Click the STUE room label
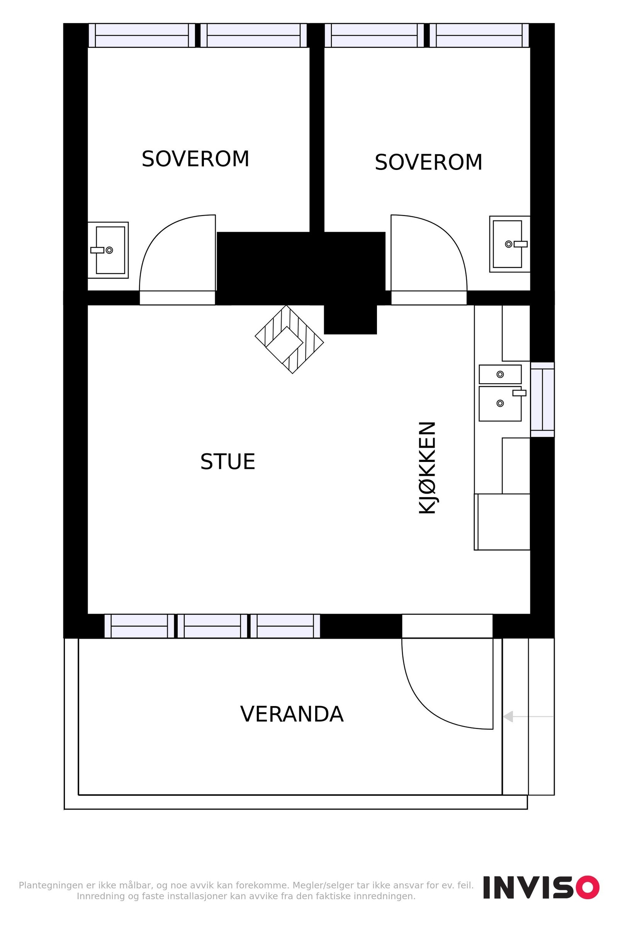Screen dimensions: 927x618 click(228, 462)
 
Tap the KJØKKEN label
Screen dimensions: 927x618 click(427, 468)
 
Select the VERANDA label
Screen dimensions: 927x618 click(292, 714)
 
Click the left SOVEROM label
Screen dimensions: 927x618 click(195, 159)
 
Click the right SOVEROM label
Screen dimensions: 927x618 click(428, 162)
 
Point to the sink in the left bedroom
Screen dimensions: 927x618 click(109, 250)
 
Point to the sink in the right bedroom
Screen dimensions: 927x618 click(509, 244)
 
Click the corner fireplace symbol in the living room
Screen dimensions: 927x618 click(289, 340)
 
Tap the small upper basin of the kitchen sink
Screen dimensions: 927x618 click(500, 374)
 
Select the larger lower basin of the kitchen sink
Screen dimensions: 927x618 click(500, 404)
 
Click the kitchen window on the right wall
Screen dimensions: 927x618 click(542, 399)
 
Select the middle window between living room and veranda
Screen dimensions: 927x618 click(212, 626)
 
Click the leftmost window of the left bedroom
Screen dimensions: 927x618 click(142, 36)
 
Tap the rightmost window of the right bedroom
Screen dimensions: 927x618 click(479, 36)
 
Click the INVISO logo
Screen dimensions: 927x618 click(541, 888)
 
